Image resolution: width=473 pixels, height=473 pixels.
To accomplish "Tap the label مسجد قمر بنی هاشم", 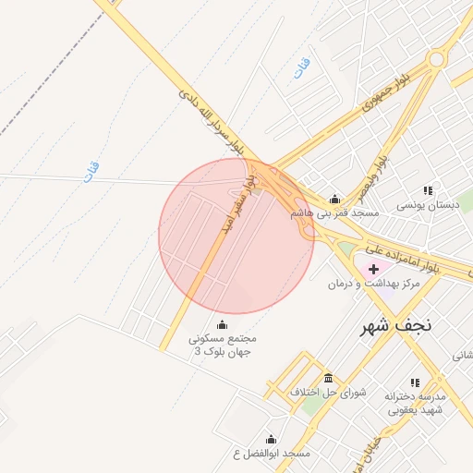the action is [x=334, y=212].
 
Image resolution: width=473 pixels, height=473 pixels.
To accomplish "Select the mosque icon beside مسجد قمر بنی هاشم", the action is [x=334, y=199].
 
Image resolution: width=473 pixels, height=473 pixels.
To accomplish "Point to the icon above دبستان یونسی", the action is [x=427, y=190].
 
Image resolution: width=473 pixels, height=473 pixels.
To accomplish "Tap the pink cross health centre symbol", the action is [x=372, y=268].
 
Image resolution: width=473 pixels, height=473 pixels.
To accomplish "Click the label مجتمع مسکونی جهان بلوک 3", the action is [x=222, y=345].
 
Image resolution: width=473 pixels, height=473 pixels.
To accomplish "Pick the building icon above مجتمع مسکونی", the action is [x=222, y=324].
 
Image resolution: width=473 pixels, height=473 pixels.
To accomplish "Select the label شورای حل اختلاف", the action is [x=328, y=393].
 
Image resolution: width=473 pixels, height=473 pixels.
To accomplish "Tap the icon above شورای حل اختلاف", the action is [x=328, y=379].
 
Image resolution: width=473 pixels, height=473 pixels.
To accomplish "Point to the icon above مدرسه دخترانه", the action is [x=414, y=382].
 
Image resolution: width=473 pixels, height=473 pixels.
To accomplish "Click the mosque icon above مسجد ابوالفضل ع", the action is [x=271, y=440].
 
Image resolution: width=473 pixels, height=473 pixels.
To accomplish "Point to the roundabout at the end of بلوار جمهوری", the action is [x=438, y=59].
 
